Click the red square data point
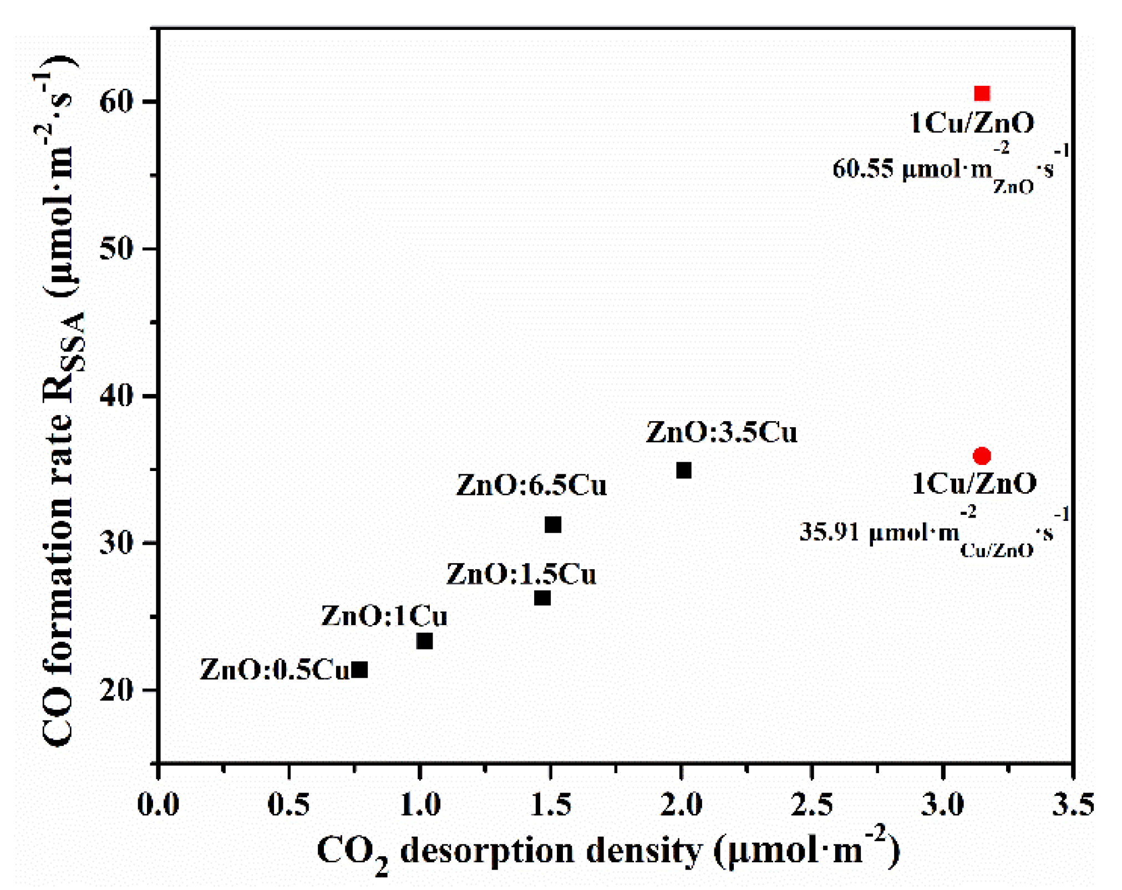[x=982, y=93]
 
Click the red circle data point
[x=982, y=456]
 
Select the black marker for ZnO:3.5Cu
[x=683, y=470]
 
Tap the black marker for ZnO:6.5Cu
[x=552, y=524]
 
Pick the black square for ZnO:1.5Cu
[x=542, y=598]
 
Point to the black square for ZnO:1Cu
[x=424, y=641]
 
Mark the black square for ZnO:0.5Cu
[x=359, y=670]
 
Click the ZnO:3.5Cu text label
[x=721, y=432]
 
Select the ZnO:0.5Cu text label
[x=275, y=669]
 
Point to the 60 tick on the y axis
[x=118, y=101]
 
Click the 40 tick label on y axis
[x=118, y=396]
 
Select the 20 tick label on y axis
[x=118, y=690]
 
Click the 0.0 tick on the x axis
[x=158, y=805]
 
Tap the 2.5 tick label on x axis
[x=811, y=805]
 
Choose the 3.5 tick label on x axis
[x=1073, y=805]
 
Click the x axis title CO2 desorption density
[x=607, y=851]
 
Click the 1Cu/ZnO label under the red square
[x=972, y=123]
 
